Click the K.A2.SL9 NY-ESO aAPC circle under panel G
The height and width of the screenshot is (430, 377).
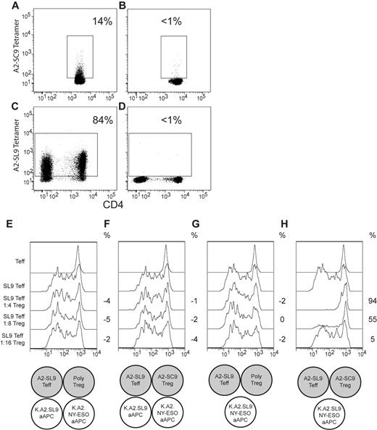click(239, 408)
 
